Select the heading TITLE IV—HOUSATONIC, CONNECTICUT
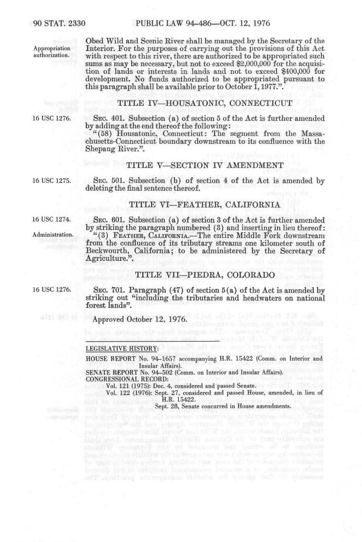pos(205,103)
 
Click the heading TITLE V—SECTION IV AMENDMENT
pos(205,165)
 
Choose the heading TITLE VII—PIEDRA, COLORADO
pos(205,275)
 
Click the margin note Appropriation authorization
pos(52,52)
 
